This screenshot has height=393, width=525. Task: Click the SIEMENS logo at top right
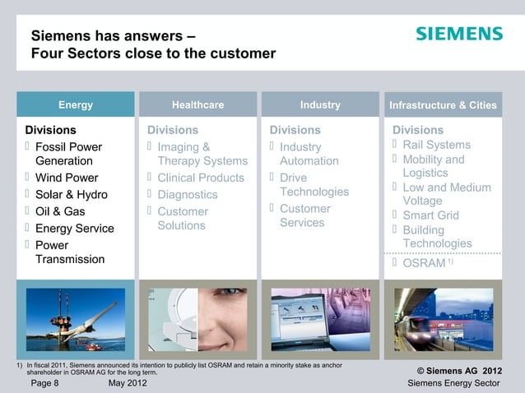coord(458,34)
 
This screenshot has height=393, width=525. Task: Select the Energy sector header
coord(75,104)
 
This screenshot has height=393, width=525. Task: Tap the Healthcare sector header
coord(197,104)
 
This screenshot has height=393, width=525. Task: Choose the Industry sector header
coord(320,104)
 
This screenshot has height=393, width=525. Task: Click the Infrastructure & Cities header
coord(443,105)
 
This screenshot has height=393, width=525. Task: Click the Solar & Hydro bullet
coord(71,195)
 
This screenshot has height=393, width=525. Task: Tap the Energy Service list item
coord(74,229)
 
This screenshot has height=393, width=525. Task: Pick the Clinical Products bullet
coord(201,178)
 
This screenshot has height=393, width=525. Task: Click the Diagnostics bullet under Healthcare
coord(188,195)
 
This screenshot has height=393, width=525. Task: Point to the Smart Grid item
coord(430,215)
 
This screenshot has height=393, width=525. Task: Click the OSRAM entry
coord(424,263)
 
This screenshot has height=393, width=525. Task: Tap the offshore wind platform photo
coord(75,319)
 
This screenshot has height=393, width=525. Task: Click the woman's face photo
coord(197,319)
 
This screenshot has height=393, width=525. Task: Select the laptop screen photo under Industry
coord(320,319)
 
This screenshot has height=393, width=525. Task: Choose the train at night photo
coord(443,319)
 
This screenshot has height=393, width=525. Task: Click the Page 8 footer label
coord(44,383)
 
